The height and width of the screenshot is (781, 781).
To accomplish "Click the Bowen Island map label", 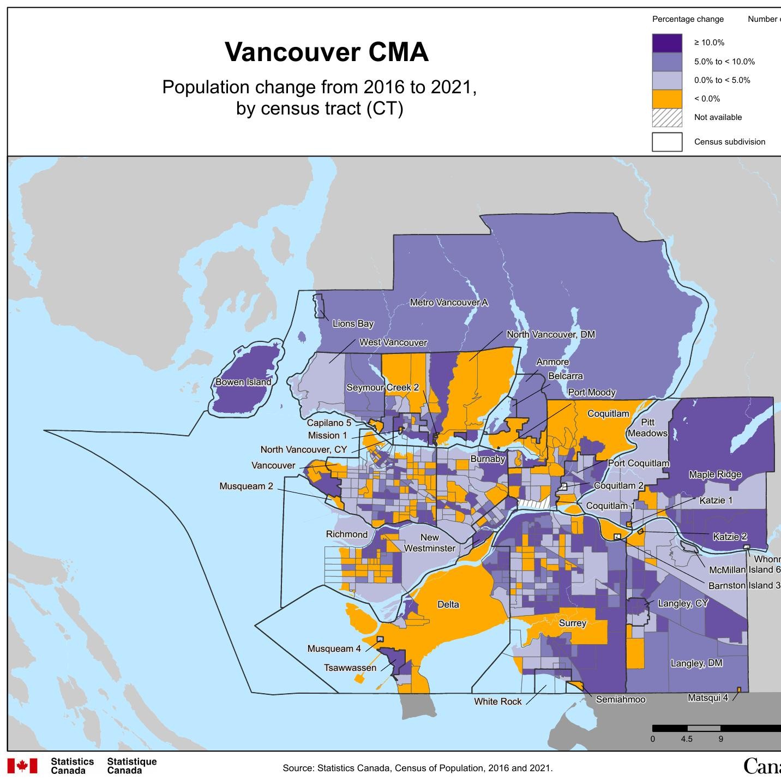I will coord(243,382).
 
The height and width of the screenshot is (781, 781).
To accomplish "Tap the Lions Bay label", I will coord(353,323).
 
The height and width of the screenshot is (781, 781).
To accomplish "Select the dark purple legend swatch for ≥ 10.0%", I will coord(667,43).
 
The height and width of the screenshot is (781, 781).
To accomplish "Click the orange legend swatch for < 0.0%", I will coord(667,99).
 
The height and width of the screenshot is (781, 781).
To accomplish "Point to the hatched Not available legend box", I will coord(667,117).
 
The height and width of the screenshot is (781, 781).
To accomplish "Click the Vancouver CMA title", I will coord(327,52).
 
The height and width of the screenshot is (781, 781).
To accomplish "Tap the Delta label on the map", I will coord(448,604).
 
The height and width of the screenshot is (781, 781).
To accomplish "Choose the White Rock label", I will coord(497,701).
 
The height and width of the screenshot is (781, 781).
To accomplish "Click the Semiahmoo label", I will coord(621,699).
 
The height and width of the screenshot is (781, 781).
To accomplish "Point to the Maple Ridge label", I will coord(715,474).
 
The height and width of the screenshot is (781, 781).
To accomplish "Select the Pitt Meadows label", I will coord(647,428).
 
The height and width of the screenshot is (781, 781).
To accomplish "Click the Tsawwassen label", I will coord(350,668).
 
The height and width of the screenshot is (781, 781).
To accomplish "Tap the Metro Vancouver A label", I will coord(449,302).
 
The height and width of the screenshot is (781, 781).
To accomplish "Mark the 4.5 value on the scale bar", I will coord(687,739).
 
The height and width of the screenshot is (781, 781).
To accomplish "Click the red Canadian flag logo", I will coord(22,766).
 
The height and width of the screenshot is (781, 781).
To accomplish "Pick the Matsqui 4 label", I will coord(708,698).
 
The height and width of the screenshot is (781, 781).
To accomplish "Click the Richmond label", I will coord(347,534).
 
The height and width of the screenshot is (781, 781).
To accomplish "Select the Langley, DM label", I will coord(696,663).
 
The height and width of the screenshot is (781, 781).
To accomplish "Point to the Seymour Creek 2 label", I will coord(383,387).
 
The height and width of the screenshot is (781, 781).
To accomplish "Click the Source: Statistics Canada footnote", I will coord(417,768).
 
